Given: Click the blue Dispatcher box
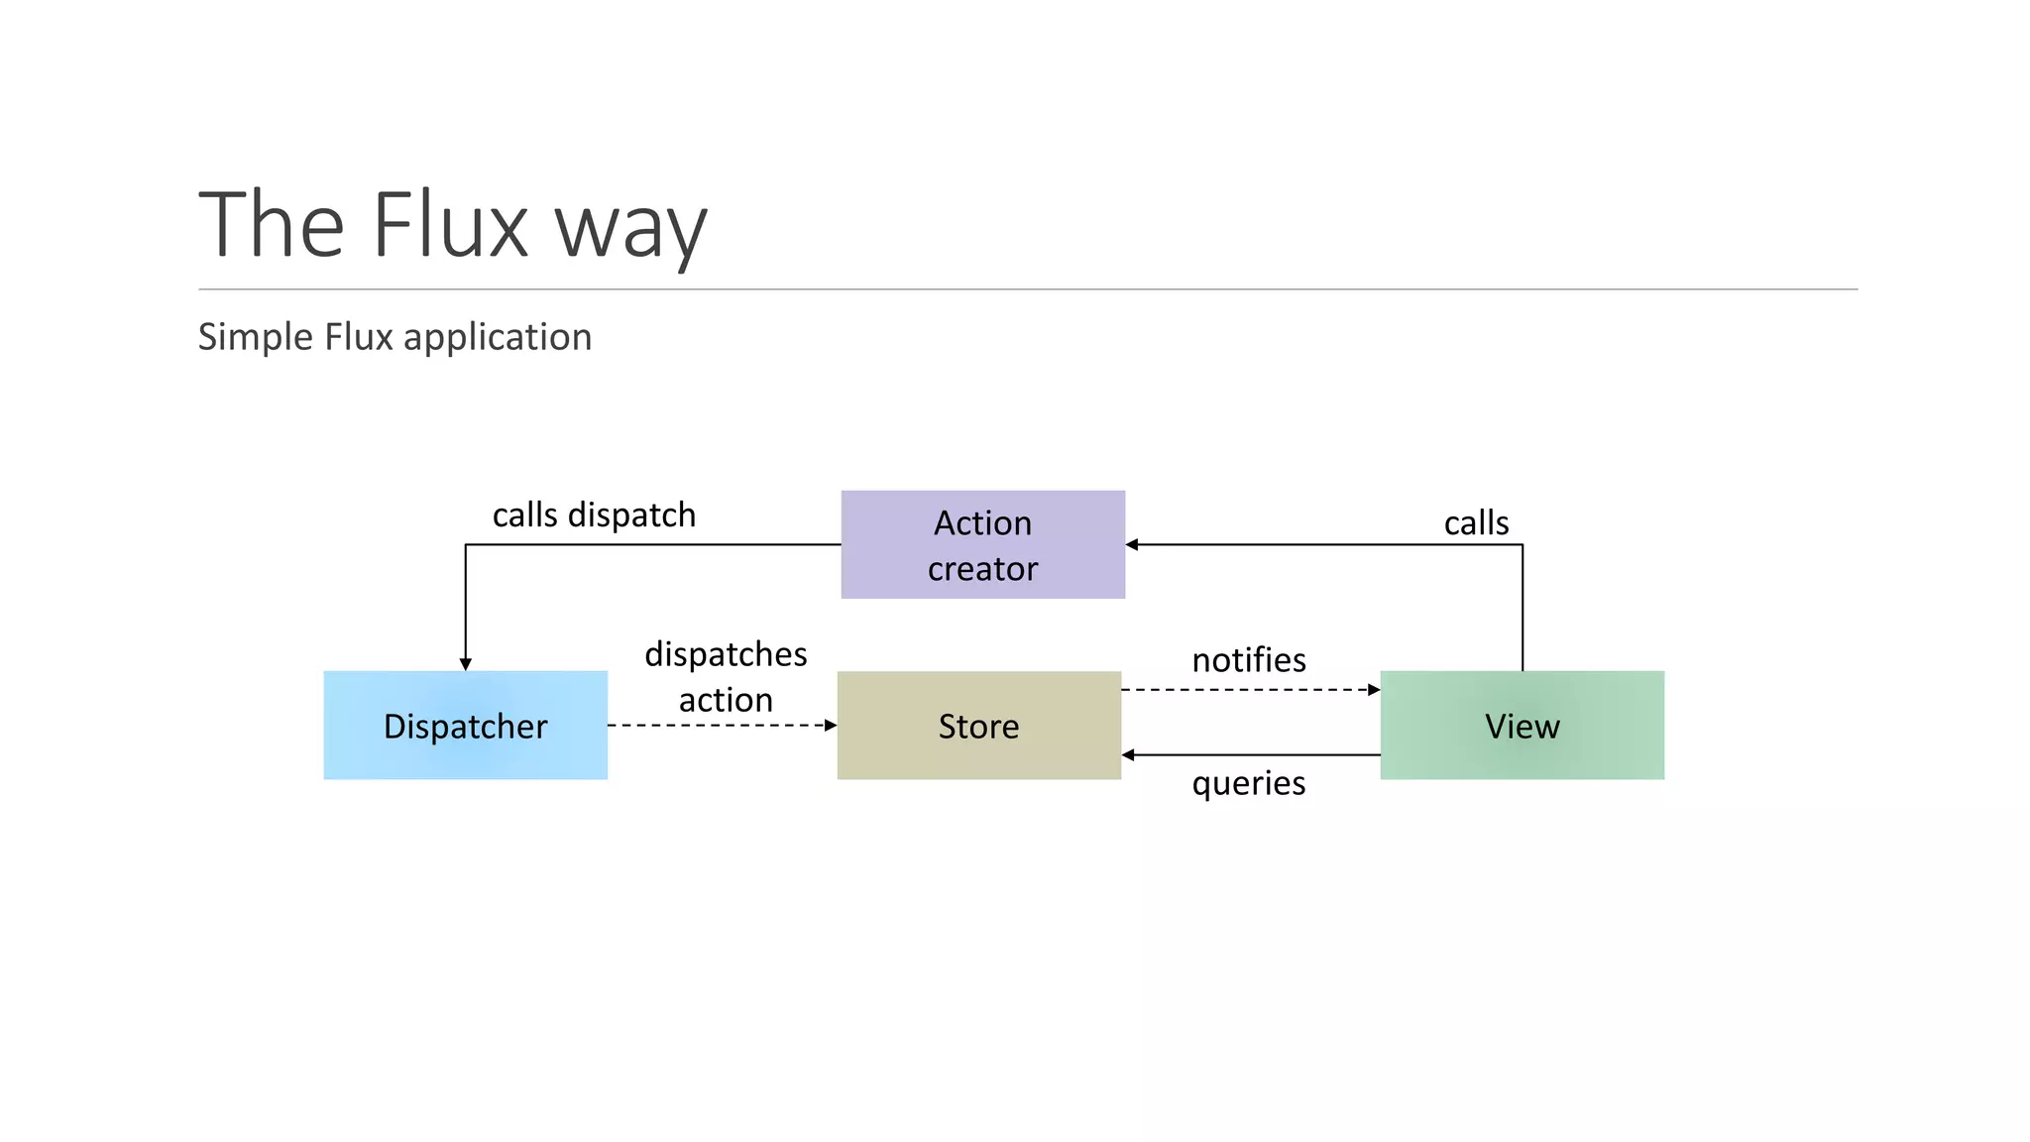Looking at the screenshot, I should (465, 725).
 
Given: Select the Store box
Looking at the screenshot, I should (978, 725).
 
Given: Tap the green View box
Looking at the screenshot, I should (1522, 725).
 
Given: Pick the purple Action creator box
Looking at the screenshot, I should (982, 544).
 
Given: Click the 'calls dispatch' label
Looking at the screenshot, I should (594, 514).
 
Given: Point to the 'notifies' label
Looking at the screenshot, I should (1249, 659).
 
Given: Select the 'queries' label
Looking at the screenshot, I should (1249, 783).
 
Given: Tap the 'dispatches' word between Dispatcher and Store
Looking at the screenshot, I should (726, 654).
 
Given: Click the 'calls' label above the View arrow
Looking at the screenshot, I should (1476, 522).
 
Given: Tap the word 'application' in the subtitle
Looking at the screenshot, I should (498, 338).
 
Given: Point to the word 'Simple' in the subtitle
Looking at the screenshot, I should (256, 338).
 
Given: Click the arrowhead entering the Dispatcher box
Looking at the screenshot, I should (465, 664).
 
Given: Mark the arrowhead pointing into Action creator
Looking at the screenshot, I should (1132, 544).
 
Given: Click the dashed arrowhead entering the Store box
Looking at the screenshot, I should (831, 726).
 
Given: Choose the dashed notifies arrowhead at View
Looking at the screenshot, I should (1374, 690).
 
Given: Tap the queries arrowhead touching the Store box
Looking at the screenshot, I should (1128, 755).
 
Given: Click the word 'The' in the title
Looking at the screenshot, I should (272, 225).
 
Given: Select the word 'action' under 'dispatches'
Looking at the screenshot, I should (726, 700).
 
